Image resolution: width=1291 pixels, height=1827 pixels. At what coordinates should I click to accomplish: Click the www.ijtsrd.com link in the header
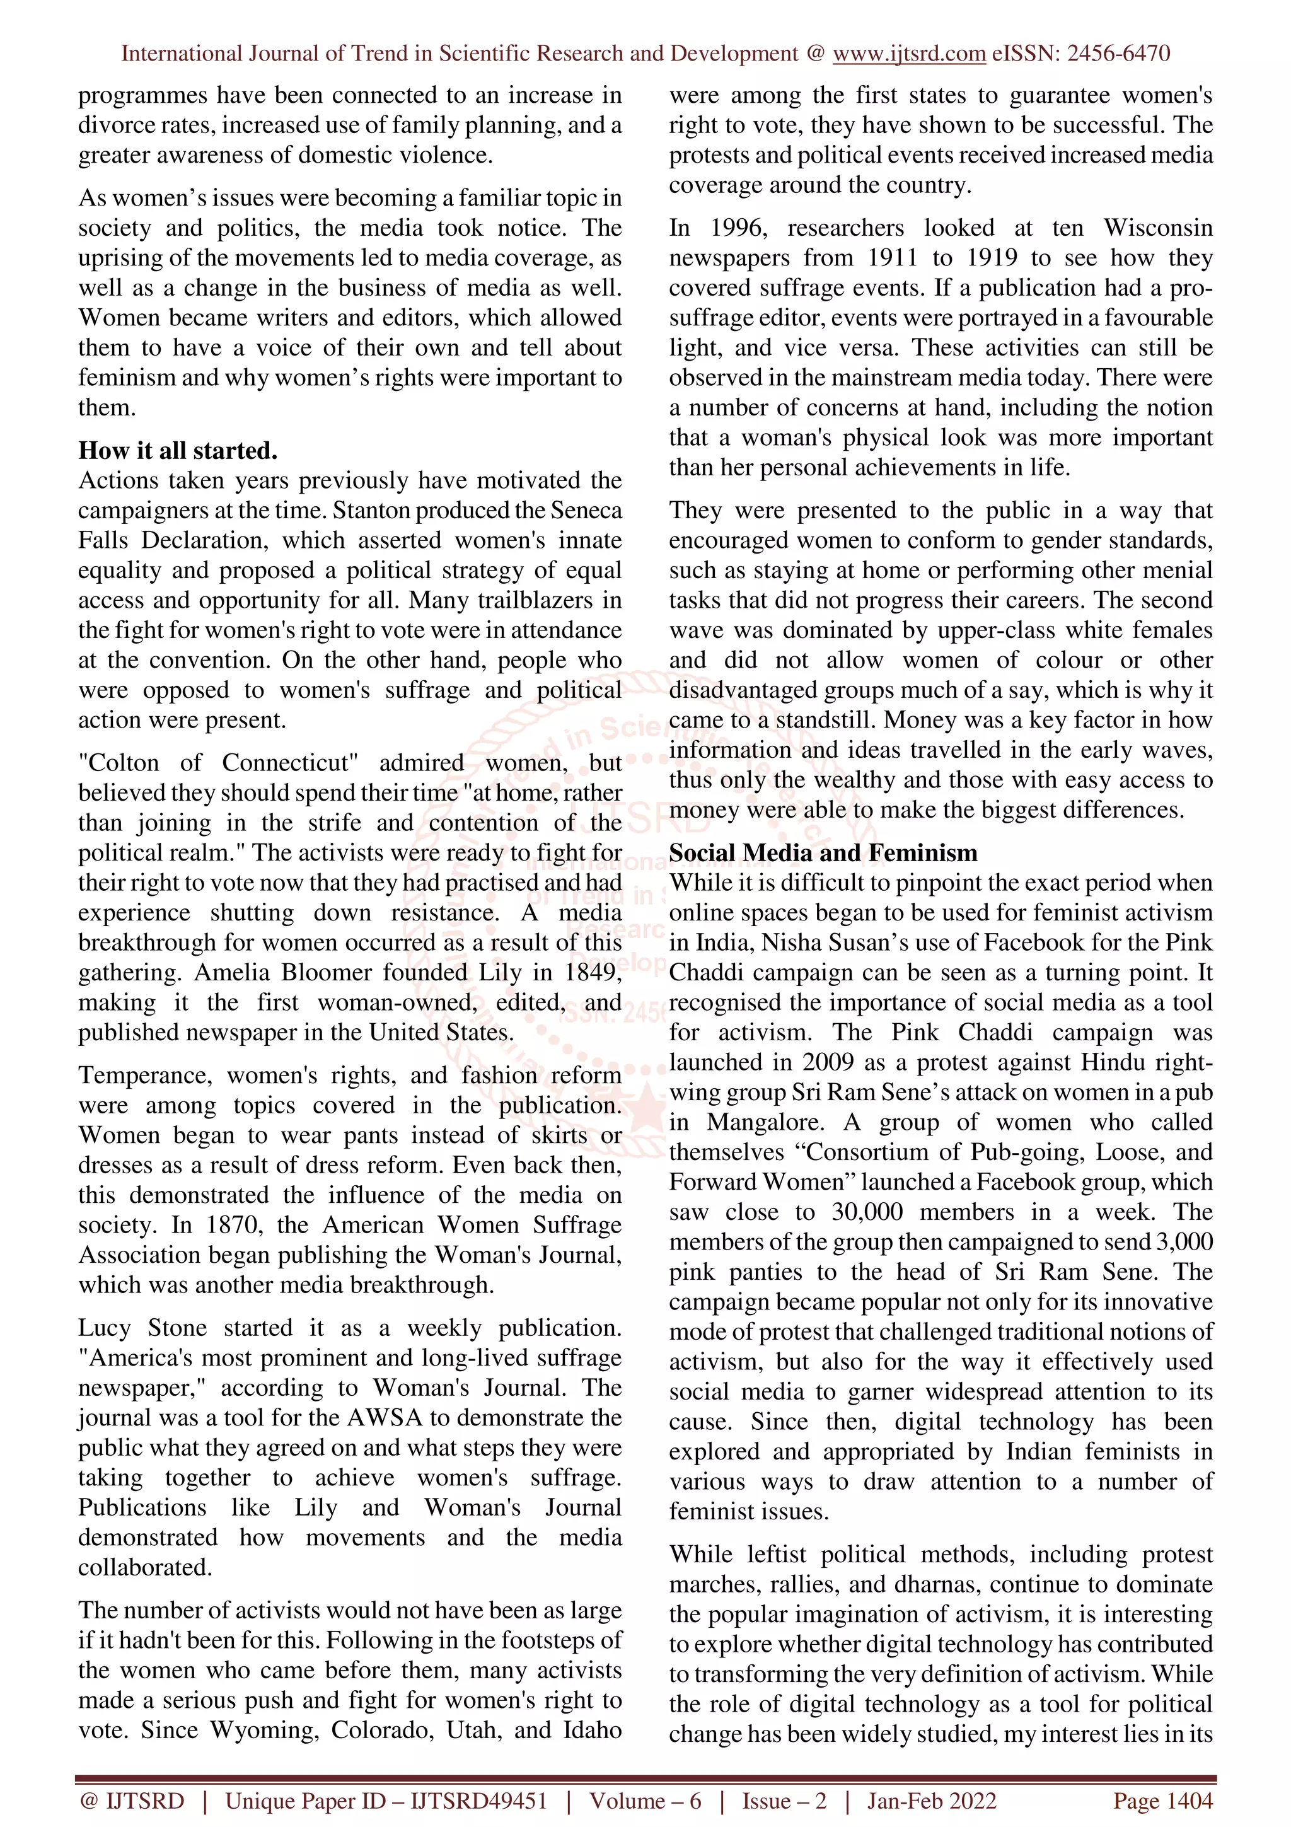click(x=908, y=54)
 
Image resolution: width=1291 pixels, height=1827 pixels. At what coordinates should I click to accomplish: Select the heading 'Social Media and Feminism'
click(x=823, y=853)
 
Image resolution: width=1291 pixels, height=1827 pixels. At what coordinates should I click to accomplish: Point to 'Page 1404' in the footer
click(x=1162, y=1801)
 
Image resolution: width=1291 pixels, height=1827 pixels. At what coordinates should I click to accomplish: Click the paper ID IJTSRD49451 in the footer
click(x=479, y=1801)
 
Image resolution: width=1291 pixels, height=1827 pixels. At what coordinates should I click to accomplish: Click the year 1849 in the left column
click(x=593, y=972)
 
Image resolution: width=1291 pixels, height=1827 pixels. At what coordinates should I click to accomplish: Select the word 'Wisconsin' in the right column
click(x=1157, y=228)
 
